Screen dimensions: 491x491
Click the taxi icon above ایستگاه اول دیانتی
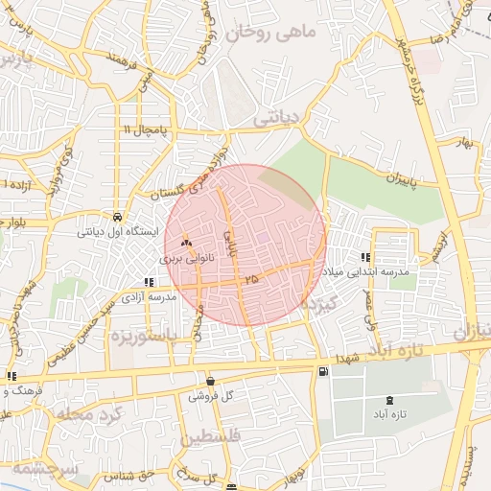point(117,216)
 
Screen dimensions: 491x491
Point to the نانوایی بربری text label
point(185,258)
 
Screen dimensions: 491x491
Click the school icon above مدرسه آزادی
point(149,282)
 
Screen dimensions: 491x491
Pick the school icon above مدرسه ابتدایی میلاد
point(365,257)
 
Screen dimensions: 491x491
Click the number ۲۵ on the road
point(251,278)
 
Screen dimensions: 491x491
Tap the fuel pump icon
point(322,371)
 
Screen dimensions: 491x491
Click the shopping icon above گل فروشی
point(210,381)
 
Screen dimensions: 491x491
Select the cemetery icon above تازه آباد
point(388,400)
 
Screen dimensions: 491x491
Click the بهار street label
point(467,143)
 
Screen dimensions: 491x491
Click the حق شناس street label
point(133,474)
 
